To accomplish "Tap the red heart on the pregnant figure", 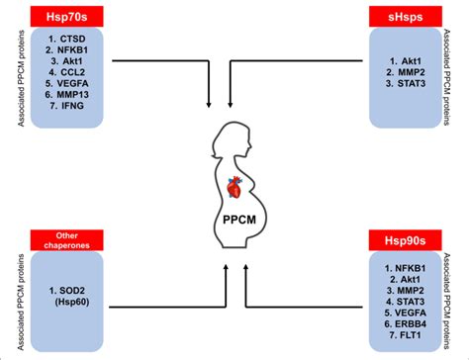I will pos(232,185).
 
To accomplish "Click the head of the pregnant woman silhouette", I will pos(227,141).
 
